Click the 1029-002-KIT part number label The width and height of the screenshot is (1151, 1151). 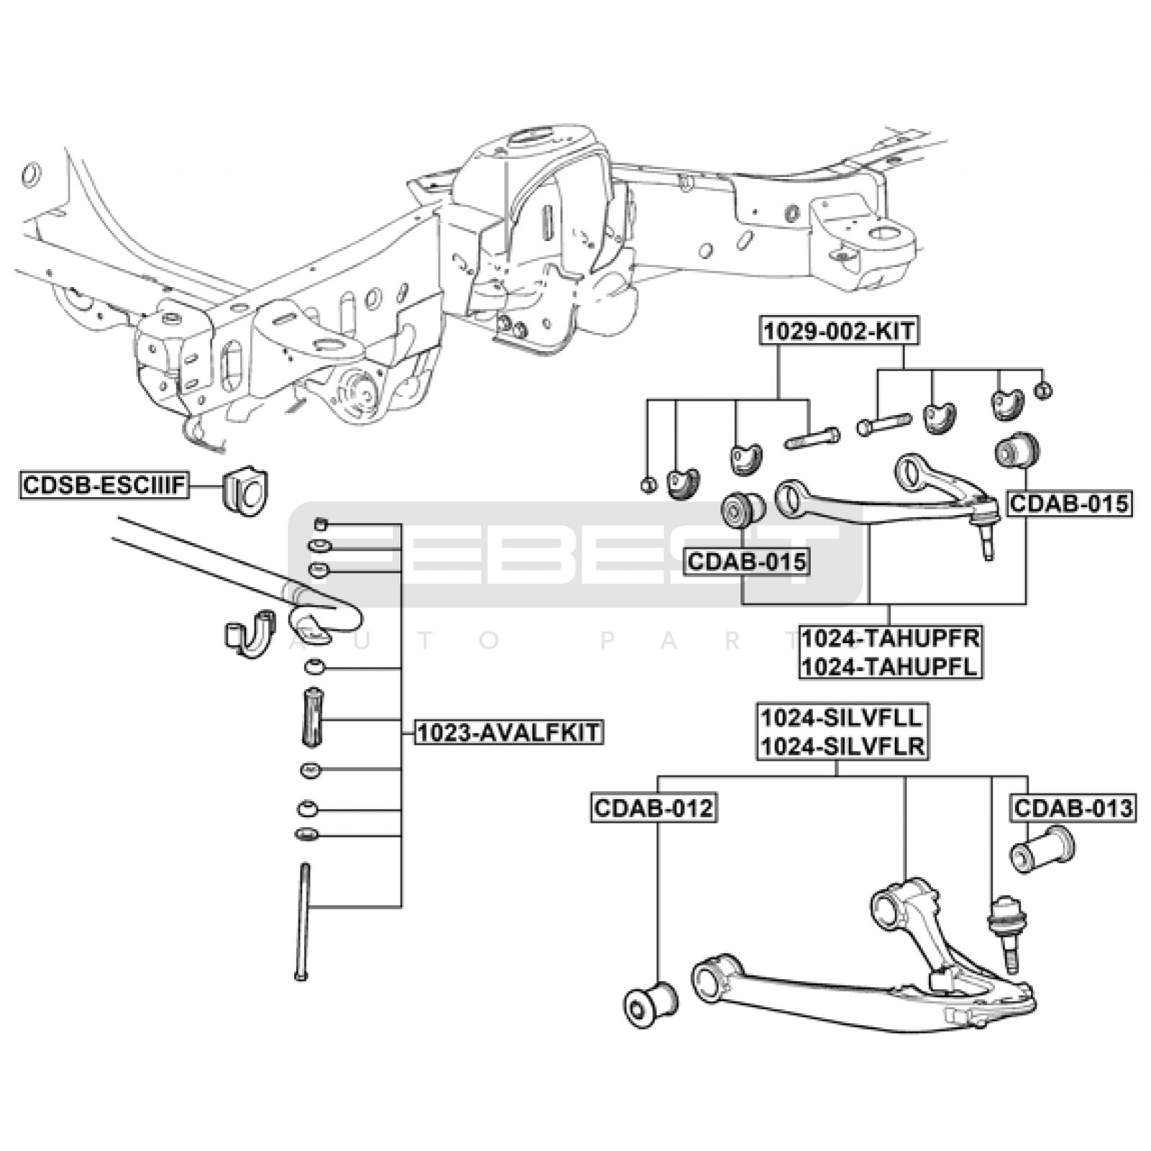839,331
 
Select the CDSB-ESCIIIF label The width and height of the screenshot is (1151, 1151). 105,485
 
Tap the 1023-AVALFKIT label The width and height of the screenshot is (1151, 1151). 508,732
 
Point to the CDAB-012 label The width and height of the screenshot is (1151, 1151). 654,808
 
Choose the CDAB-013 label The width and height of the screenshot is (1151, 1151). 1073,808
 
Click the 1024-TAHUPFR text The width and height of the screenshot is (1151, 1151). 891,638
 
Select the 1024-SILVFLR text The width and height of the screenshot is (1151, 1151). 842,746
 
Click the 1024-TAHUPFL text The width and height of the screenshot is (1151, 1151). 891,667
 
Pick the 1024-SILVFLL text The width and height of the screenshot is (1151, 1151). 842,717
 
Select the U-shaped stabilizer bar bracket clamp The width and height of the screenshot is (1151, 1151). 249,633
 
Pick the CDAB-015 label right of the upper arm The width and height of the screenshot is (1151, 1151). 1069,504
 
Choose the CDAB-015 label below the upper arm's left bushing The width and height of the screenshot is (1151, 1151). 747,561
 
